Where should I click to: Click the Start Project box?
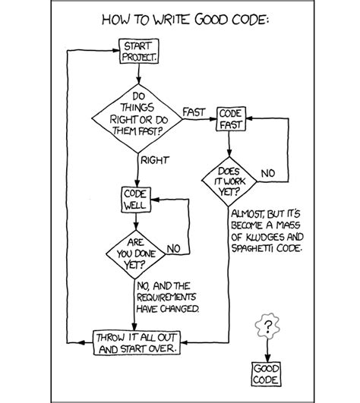[138, 51]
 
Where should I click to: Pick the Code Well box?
[135, 199]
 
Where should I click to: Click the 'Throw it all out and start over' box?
[137, 342]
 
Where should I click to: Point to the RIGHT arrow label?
[154, 160]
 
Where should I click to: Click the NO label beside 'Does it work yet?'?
[268, 174]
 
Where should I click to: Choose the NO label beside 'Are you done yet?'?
[172, 247]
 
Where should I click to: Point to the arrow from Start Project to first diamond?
[138, 74]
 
